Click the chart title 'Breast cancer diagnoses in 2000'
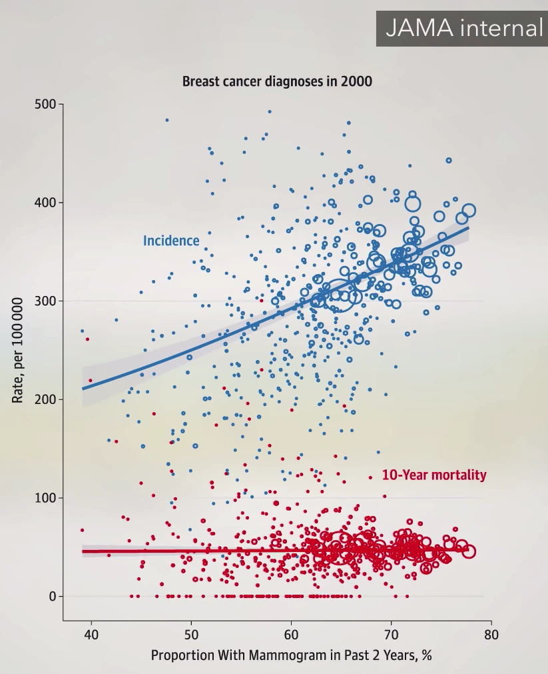click(277, 82)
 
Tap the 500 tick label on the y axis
click(45, 105)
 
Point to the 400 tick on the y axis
click(45, 203)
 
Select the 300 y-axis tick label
click(45, 301)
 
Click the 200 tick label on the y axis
click(45, 399)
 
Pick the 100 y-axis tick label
click(45, 498)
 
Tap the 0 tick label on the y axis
click(52, 597)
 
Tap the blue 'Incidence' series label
click(171, 241)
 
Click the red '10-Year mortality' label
click(434, 475)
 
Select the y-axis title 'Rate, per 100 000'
click(18, 350)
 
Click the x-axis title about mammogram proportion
click(291, 655)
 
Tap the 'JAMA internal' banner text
click(464, 28)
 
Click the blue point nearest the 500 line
click(269, 112)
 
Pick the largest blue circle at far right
click(469, 211)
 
